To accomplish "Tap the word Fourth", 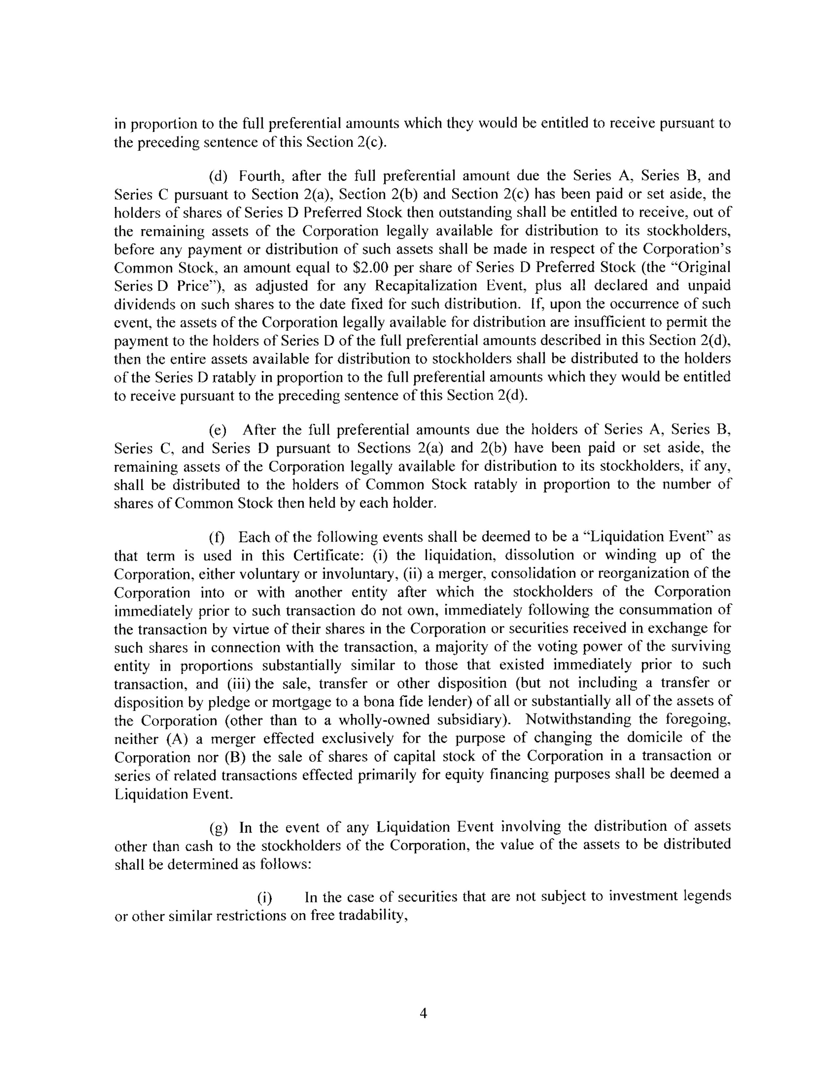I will tap(259, 176).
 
